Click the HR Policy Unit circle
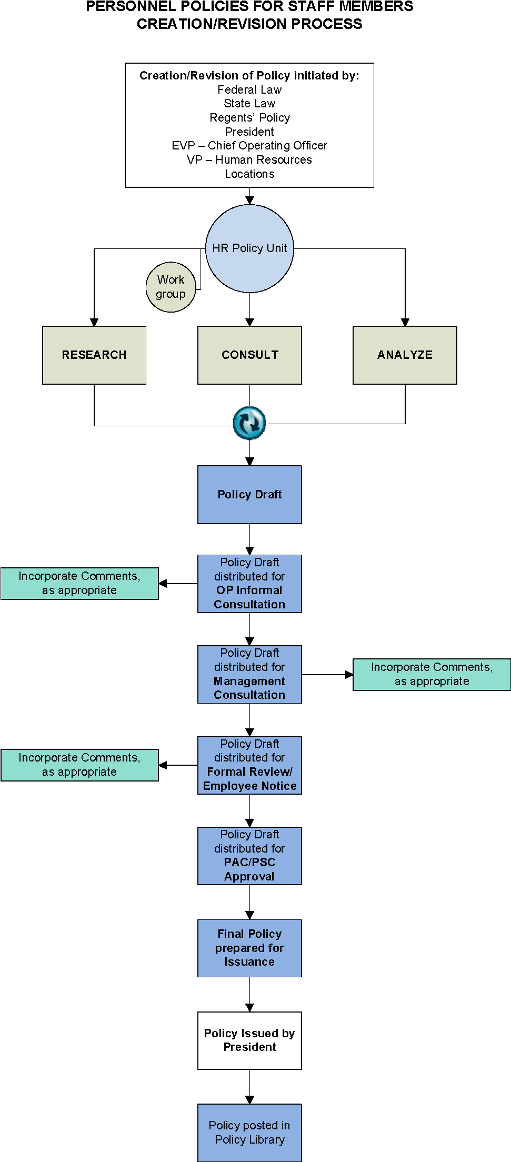point(249,248)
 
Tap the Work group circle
point(171,287)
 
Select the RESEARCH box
point(94,355)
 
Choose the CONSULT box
point(249,355)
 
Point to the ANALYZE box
point(405,355)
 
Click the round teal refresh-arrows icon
point(249,423)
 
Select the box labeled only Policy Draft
point(249,494)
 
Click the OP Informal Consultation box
point(249,583)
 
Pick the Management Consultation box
point(249,674)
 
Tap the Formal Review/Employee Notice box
point(249,765)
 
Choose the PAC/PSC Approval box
point(249,856)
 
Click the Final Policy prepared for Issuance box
point(249,948)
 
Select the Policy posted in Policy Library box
point(249,1133)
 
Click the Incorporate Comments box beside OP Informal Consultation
point(79,583)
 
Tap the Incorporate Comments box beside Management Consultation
point(432,674)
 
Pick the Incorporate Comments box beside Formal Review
point(79,765)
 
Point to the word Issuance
point(249,962)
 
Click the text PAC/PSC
point(249,863)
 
